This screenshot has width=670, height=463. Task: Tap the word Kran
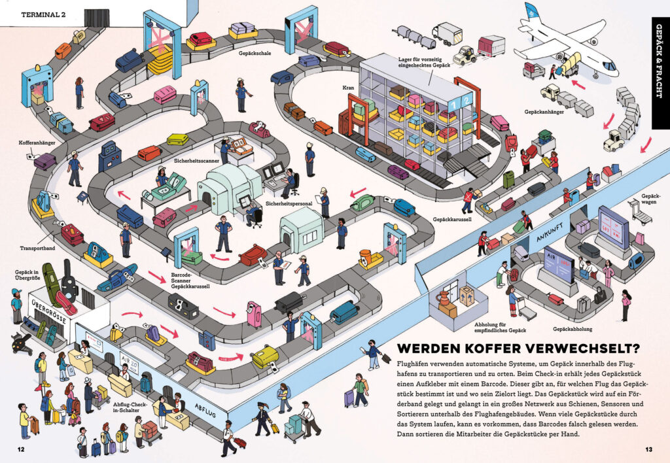(347, 87)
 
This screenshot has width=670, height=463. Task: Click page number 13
(648, 449)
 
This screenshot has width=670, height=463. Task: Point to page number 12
(21, 449)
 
